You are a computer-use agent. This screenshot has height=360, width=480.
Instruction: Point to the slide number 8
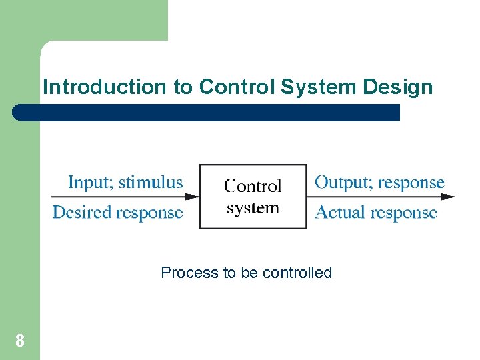20,341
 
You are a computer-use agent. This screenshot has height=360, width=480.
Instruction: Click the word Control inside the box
253,186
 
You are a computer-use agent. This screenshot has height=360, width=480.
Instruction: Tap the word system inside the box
253,208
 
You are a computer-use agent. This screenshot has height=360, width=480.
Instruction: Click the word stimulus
151,182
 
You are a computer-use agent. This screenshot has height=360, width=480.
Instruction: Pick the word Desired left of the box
82,213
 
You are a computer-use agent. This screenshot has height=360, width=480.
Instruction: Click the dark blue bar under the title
207,113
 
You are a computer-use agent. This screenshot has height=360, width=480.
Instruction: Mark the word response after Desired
149,213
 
